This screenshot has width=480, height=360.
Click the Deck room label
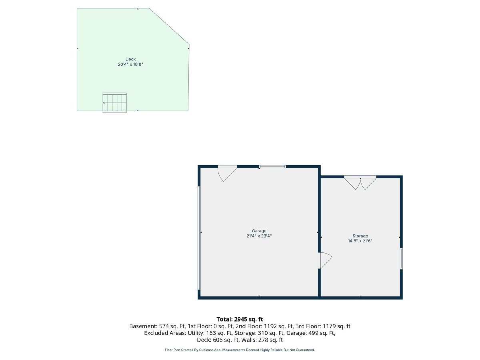130,59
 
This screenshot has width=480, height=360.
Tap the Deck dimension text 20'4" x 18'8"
130,64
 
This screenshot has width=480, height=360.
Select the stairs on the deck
114,103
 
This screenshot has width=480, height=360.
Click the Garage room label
259,231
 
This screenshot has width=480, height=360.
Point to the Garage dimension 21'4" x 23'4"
259,236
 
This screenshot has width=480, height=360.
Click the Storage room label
360,236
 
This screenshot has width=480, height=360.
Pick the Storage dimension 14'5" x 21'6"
360,241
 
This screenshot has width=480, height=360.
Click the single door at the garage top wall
227,173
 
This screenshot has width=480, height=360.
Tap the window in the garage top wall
272,166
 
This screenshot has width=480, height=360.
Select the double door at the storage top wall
360,182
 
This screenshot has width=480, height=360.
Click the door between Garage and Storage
325,260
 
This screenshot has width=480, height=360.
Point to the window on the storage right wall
401,259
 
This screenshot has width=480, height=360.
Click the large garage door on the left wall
199,238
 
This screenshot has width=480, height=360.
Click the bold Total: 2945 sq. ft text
240,319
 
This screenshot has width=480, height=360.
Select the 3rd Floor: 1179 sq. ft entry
323,326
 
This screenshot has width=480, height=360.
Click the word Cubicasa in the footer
207,350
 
